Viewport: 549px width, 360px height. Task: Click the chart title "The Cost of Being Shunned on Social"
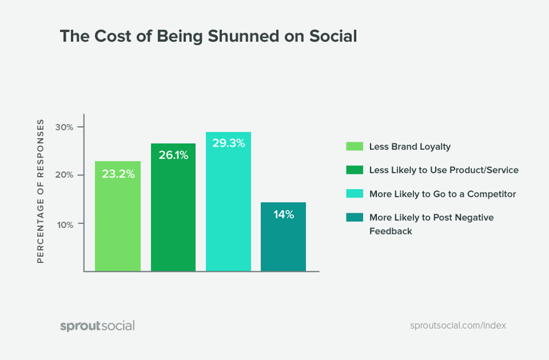tap(208, 37)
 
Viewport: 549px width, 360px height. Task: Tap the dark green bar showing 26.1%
tap(173, 217)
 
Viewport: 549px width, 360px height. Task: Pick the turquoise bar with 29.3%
tap(228, 211)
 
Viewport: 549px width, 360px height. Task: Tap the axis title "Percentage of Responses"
tap(41, 191)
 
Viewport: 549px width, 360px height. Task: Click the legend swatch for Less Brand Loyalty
tap(354, 147)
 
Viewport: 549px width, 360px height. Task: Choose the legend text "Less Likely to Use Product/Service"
tap(443, 170)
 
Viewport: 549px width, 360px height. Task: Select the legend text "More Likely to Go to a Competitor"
tap(442, 194)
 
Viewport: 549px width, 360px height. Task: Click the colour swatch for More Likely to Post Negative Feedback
tap(354, 217)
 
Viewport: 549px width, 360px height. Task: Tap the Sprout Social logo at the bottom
tap(98, 326)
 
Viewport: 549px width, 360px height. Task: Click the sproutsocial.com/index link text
tap(458, 326)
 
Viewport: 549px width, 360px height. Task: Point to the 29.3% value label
tap(228, 143)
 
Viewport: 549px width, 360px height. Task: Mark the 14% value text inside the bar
tap(283, 215)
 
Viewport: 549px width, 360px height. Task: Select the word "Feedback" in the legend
tap(390, 231)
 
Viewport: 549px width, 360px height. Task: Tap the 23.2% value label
tap(118, 174)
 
